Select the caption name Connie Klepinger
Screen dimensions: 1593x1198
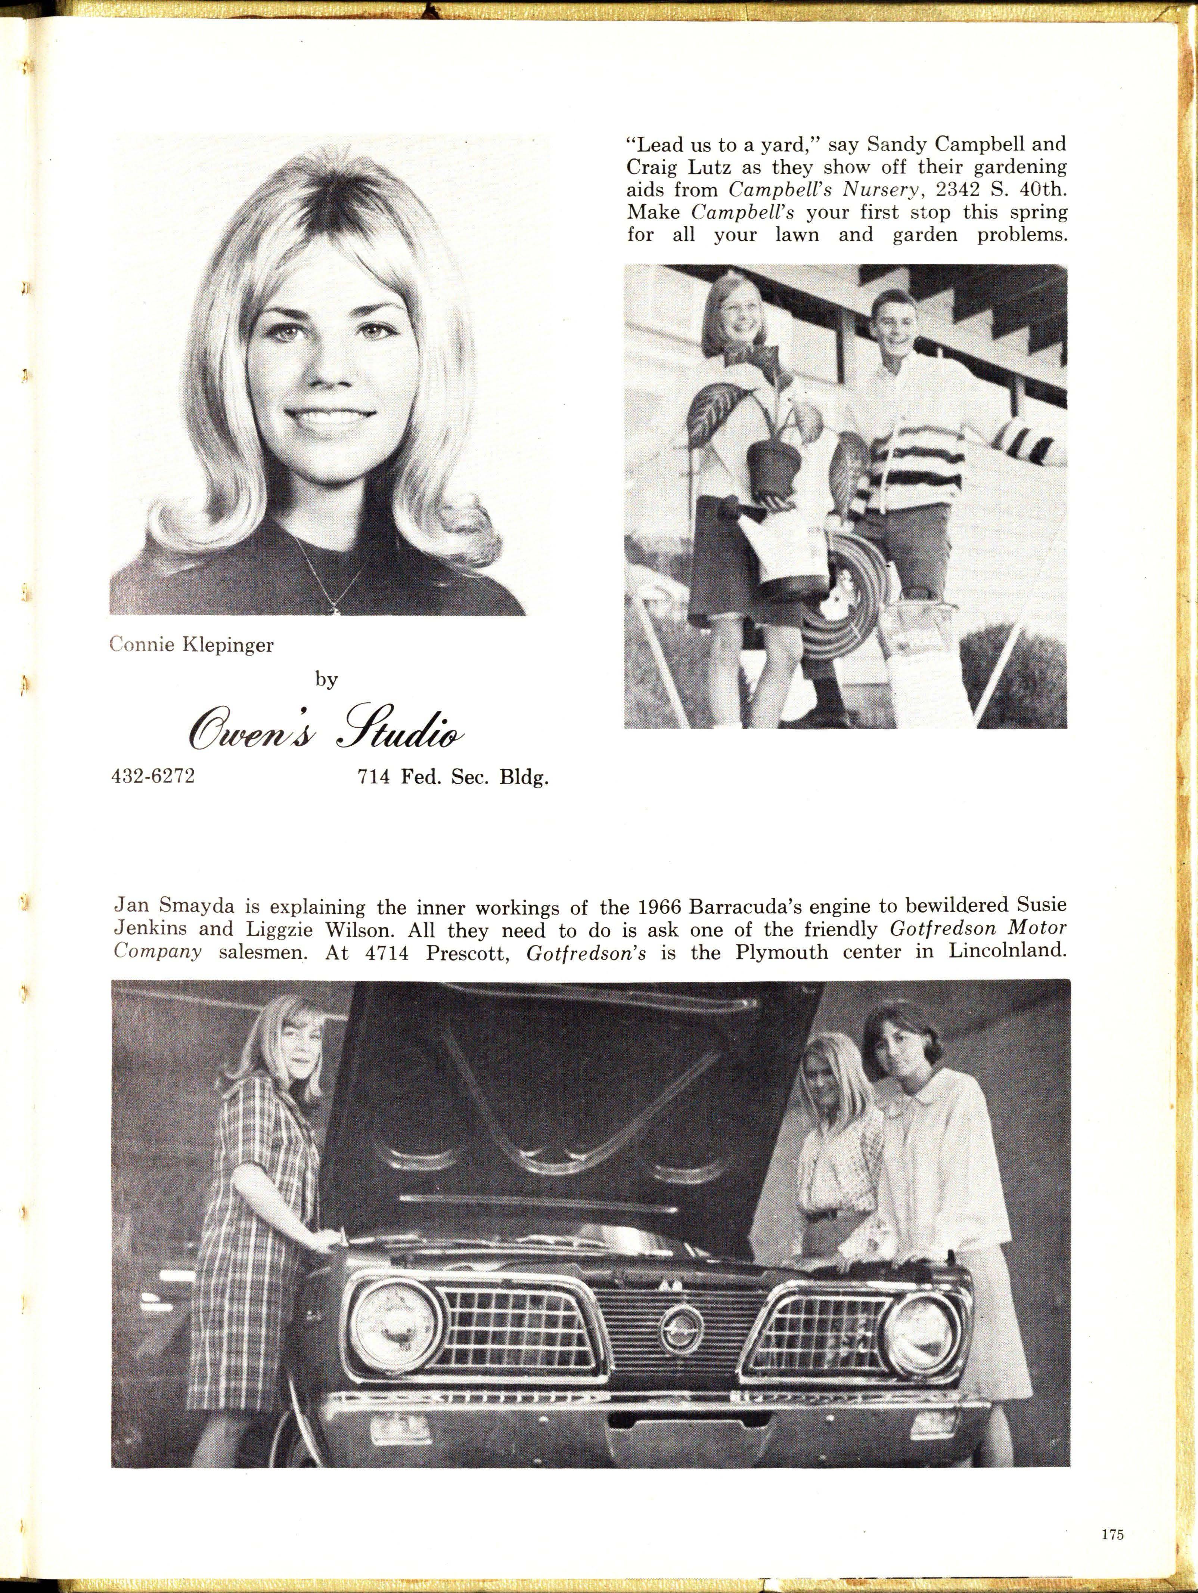point(191,645)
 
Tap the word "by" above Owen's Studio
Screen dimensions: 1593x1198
point(326,680)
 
